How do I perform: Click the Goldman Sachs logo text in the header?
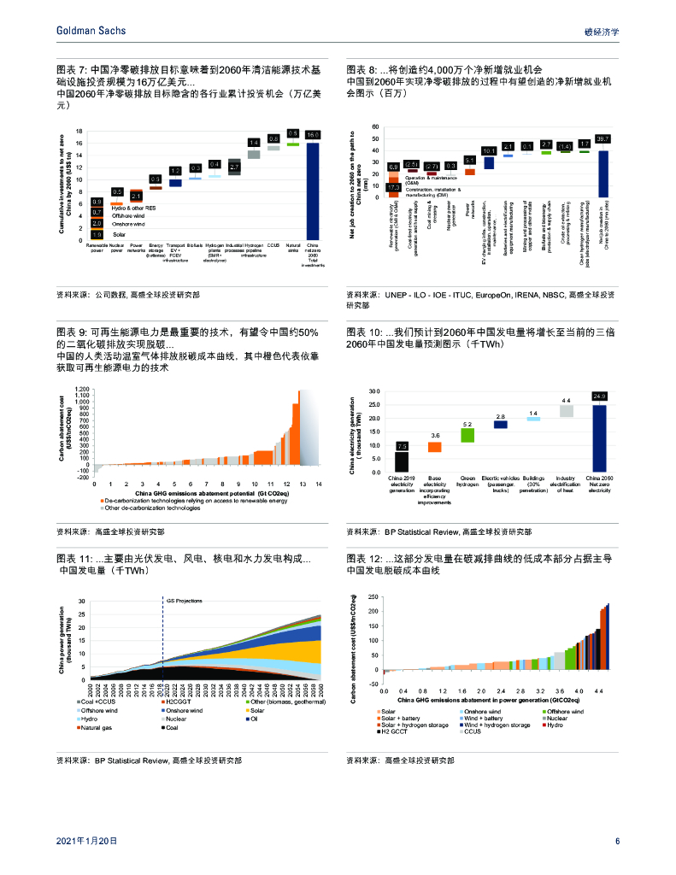click(x=90, y=31)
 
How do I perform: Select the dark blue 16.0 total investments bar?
click(x=313, y=191)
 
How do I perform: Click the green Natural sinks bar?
click(x=292, y=144)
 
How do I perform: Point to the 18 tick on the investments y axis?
click(x=79, y=132)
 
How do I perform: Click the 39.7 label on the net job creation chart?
click(x=603, y=138)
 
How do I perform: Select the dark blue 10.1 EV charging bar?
click(x=489, y=162)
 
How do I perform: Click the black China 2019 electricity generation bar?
click(x=402, y=461)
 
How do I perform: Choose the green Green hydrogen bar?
click(x=467, y=435)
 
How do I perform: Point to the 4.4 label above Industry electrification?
click(x=566, y=400)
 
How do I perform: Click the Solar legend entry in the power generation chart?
click(x=256, y=710)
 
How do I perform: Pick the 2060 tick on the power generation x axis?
click(x=320, y=692)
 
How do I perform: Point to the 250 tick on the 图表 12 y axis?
click(x=373, y=610)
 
